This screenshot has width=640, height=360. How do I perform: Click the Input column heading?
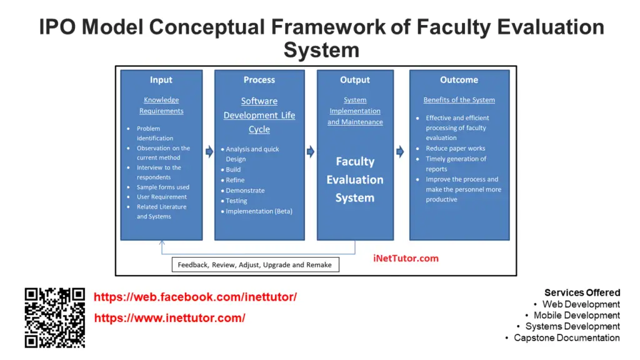pyautogui.click(x=161, y=79)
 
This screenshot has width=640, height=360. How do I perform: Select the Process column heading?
pyautogui.click(x=259, y=79)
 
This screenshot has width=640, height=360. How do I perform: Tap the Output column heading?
pyautogui.click(x=355, y=79)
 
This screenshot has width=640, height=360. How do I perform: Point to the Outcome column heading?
pyautogui.click(x=459, y=79)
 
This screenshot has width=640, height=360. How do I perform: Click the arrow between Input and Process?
pyautogui.click(x=209, y=152)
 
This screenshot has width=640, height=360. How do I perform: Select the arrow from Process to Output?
pyautogui.click(x=311, y=152)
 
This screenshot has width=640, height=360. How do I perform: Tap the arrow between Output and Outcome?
pyautogui.click(x=400, y=152)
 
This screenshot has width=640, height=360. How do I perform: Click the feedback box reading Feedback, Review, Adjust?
pyautogui.click(x=255, y=264)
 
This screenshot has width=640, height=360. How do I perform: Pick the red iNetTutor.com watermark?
pyautogui.click(x=406, y=258)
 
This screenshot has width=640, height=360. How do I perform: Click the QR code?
pyautogui.click(x=55, y=317)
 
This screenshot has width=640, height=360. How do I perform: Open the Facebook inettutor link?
pyautogui.click(x=195, y=297)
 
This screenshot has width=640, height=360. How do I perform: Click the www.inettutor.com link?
pyautogui.click(x=170, y=318)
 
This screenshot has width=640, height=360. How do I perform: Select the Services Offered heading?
pyautogui.click(x=582, y=292)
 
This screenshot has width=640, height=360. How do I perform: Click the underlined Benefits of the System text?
pyautogui.click(x=459, y=99)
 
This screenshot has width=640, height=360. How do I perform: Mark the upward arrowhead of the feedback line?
pyautogui.click(x=162, y=242)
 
